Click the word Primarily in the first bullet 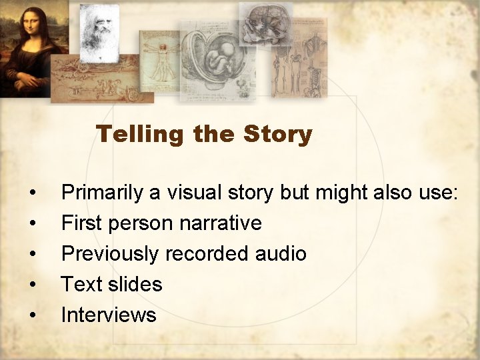coord(102,193)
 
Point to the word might coord(340,193)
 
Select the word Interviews coord(109,315)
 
